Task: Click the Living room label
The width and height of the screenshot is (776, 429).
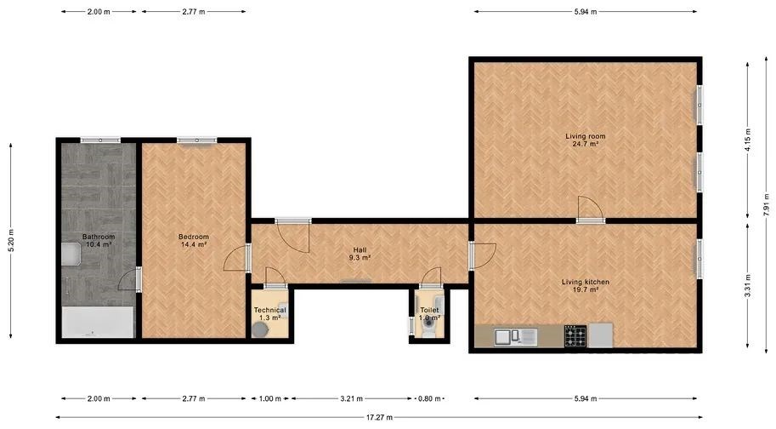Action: point(586,140)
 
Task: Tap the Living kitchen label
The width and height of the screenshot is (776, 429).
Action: point(586,286)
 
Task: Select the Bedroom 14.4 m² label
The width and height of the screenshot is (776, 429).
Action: point(194,240)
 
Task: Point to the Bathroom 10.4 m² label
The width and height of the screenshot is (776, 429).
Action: point(99,240)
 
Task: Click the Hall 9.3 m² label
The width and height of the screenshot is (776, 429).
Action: point(360,254)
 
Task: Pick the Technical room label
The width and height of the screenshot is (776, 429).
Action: point(269,313)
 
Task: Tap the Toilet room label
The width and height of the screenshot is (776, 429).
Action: point(429,313)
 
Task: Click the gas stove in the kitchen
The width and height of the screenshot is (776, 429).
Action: point(575,336)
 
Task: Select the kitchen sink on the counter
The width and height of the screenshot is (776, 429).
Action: point(515,337)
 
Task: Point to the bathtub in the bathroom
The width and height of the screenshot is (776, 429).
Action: point(98,322)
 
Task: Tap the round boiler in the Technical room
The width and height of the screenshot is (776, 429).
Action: point(260,330)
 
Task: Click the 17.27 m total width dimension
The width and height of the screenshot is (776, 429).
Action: point(379,417)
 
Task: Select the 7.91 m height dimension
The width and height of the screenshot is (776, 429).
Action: point(766,204)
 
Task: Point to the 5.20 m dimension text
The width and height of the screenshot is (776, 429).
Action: point(11,240)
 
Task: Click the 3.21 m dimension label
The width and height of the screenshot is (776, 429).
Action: point(351,398)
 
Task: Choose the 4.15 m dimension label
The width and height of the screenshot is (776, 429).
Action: point(748,140)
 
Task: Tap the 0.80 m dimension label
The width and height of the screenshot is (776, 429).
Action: point(429,398)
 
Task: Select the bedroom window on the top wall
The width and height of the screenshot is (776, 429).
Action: point(197,140)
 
